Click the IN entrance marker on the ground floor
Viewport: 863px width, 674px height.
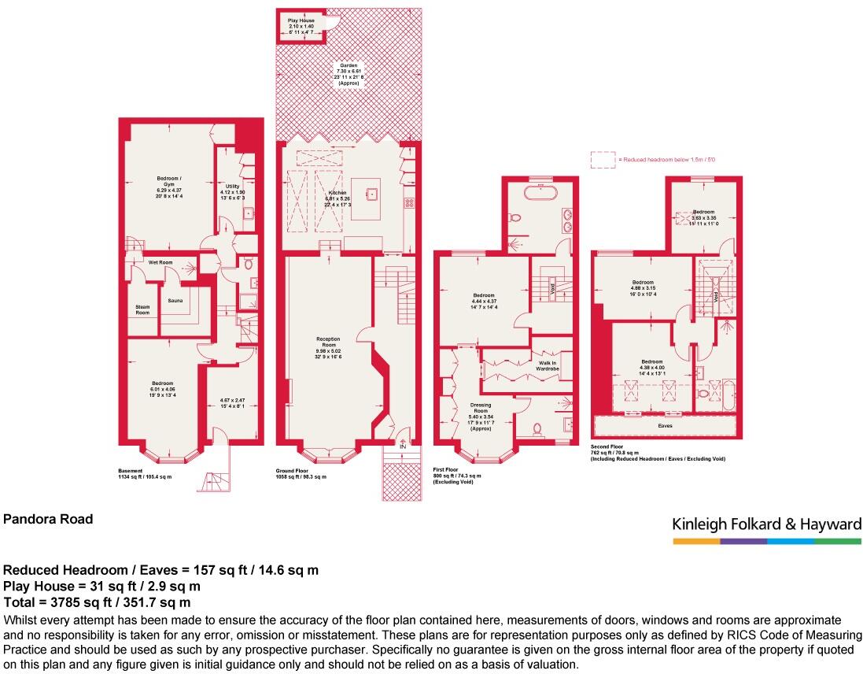click(404, 446)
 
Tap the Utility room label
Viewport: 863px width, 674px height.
click(232, 187)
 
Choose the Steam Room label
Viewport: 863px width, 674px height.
click(142, 309)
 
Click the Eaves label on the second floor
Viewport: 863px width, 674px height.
click(666, 426)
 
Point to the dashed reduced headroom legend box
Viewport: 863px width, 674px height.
click(603, 160)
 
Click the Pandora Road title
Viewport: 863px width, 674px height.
click(49, 519)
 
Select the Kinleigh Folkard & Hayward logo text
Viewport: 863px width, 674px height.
click(767, 524)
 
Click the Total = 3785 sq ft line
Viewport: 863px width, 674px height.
click(98, 602)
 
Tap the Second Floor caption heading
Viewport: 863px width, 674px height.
click(608, 447)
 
